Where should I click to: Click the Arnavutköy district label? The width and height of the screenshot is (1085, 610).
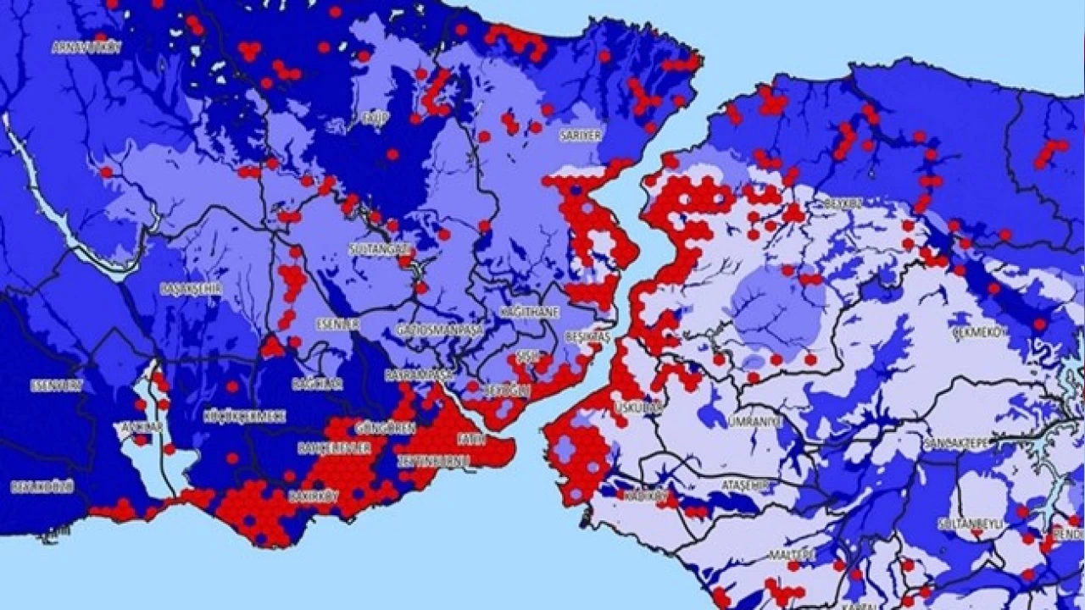point(86,47)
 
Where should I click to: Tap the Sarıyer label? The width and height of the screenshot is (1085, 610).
point(580,135)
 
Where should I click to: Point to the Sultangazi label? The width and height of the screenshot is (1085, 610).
point(380,249)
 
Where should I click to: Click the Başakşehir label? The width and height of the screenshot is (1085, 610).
point(191,289)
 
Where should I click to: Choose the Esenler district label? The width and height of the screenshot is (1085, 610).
point(338,324)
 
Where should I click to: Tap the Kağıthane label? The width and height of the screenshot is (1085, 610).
point(530,313)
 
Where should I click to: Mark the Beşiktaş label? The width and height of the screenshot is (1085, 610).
point(587,337)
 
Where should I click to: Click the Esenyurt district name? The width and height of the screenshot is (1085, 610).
point(57,385)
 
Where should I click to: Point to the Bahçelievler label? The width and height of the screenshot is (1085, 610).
point(333,447)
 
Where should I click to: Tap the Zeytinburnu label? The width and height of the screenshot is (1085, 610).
point(428,461)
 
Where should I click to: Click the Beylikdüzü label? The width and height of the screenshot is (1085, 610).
point(42,486)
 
